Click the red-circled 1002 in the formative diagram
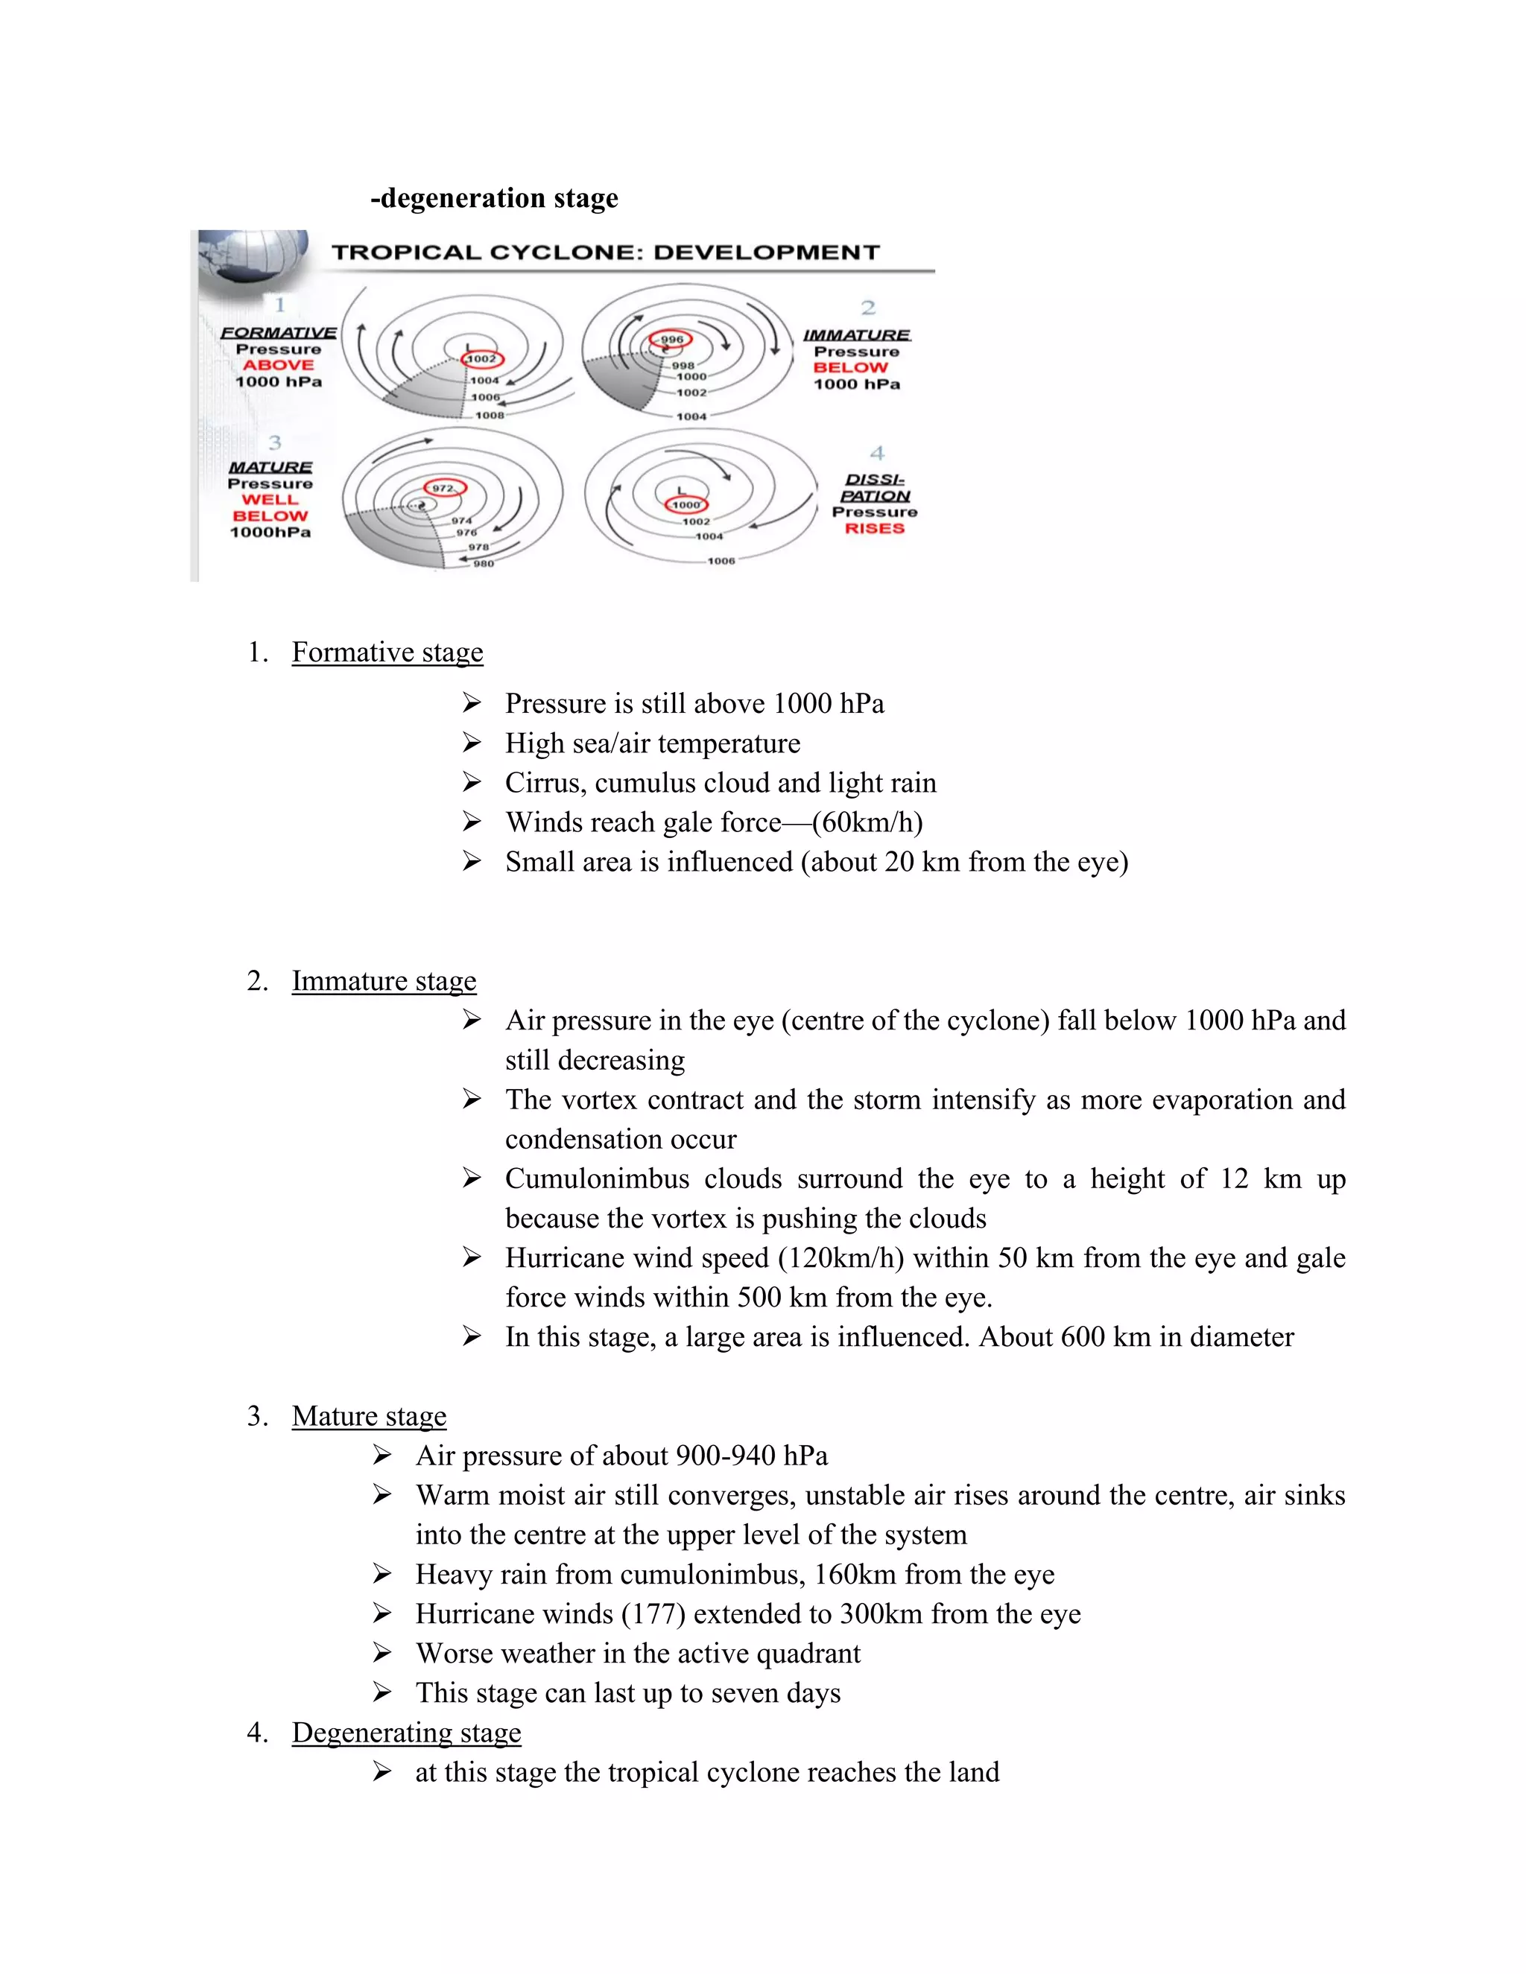pos(482,359)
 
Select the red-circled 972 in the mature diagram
pos(445,488)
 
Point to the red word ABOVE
pos(279,365)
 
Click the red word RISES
pos(874,529)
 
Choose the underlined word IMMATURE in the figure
pos(856,335)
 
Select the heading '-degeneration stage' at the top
pos(495,198)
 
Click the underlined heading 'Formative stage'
pos(387,653)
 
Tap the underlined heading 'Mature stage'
pos(369,1416)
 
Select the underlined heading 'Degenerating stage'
pos(406,1733)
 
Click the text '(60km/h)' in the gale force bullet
pos(867,822)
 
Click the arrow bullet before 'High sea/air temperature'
pos(471,743)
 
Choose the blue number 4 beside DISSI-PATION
pos(876,453)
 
